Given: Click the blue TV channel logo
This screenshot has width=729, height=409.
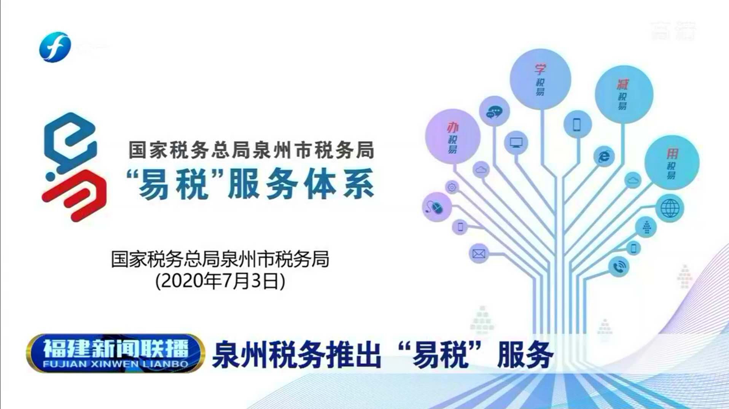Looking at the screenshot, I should click(x=55, y=47).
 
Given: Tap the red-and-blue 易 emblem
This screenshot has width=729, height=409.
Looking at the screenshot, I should click(x=73, y=167).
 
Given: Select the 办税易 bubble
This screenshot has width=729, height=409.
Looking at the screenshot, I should click(x=452, y=136).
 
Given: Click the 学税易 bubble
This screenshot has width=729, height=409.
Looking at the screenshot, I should click(x=540, y=79).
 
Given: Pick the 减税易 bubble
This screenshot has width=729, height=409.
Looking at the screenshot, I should click(x=624, y=94).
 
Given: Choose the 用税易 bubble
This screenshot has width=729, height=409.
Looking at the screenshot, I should click(x=672, y=162).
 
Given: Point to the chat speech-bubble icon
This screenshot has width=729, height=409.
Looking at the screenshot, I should click(x=494, y=111).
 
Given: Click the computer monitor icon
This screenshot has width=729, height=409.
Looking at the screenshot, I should click(x=516, y=143).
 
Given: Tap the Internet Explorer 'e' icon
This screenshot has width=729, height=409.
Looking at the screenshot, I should click(x=604, y=156).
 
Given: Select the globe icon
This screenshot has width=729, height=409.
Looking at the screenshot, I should click(x=670, y=208).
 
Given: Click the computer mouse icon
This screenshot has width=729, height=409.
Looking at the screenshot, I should click(x=436, y=207).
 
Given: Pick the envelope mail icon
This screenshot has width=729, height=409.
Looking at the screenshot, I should click(x=478, y=253).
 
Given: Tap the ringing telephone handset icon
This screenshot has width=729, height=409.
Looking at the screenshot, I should click(x=619, y=267).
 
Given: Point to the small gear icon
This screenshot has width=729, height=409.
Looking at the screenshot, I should click(x=452, y=187).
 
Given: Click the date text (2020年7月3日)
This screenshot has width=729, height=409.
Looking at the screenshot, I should click(x=220, y=281).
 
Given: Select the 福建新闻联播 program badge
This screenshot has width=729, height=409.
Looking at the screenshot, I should click(x=115, y=353).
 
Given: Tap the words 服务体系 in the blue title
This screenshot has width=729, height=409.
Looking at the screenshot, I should click(x=301, y=185).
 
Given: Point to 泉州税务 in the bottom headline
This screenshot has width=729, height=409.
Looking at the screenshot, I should click(x=268, y=355).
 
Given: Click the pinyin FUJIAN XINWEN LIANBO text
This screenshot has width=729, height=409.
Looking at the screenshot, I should click(x=115, y=364).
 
